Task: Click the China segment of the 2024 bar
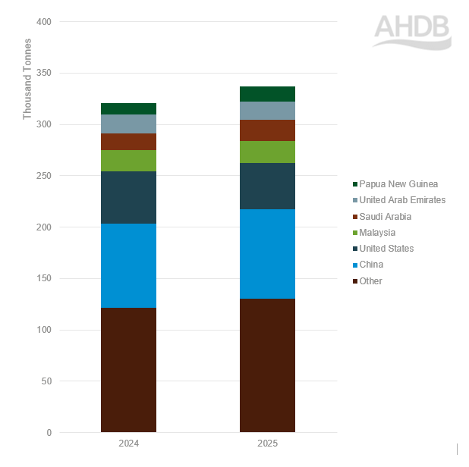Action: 128,265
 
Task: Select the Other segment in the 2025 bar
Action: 267,365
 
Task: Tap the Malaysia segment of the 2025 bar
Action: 267,152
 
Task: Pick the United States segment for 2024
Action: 128,197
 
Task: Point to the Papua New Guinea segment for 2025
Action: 267,94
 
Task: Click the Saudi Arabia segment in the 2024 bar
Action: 128,142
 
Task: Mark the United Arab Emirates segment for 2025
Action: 267,111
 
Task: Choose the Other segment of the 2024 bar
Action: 128,370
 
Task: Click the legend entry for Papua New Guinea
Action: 399,184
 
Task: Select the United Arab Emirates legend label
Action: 403,200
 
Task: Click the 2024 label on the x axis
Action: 128,443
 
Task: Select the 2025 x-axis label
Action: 267,443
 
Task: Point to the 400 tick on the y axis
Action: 43,22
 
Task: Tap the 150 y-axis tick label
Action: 43,278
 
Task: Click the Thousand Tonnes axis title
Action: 28,78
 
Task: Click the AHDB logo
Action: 412,30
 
